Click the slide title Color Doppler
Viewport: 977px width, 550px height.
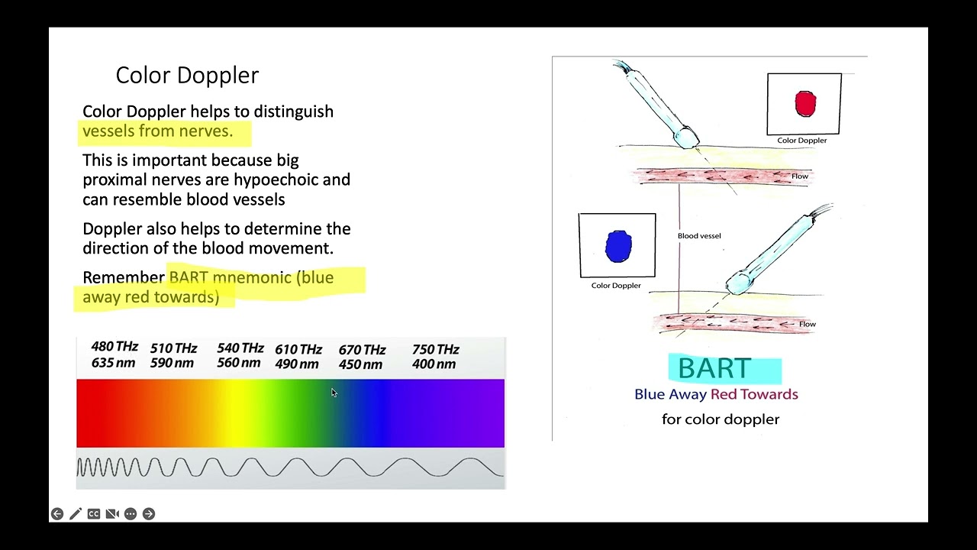pyautogui.click(x=187, y=75)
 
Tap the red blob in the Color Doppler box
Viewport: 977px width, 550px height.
pyautogui.click(x=805, y=103)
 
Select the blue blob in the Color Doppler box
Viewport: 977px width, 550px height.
pyautogui.click(x=618, y=247)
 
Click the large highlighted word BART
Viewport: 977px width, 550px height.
pyautogui.click(x=714, y=368)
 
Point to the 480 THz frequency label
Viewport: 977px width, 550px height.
pyautogui.click(x=114, y=347)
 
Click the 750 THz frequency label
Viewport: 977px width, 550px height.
pyautogui.click(x=435, y=349)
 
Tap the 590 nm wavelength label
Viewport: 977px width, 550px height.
pyautogui.click(x=172, y=364)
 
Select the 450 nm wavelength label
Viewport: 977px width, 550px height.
pyautogui.click(x=360, y=364)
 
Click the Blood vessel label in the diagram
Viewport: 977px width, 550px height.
pyautogui.click(x=699, y=236)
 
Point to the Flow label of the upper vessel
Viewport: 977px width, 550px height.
pyautogui.click(x=799, y=176)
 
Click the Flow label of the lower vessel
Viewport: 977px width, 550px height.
pyautogui.click(x=807, y=325)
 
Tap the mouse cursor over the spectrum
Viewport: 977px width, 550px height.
pyautogui.click(x=334, y=393)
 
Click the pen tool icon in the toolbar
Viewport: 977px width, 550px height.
pyautogui.click(x=76, y=514)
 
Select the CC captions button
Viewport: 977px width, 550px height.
pyautogui.click(x=94, y=514)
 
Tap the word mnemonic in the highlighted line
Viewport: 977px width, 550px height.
pyautogui.click(x=252, y=277)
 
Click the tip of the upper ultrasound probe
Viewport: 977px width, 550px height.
pyautogui.click(x=688, y=138)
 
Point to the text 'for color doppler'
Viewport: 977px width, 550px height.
pyautogui.click(x=720, y=419)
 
